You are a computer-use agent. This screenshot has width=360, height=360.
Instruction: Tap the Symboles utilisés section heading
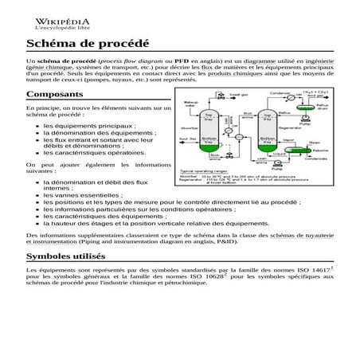click(65, 257)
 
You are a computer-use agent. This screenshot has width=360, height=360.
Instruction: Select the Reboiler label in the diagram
click(319, 149)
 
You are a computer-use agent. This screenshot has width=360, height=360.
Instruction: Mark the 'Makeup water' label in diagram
click(190, 104)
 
